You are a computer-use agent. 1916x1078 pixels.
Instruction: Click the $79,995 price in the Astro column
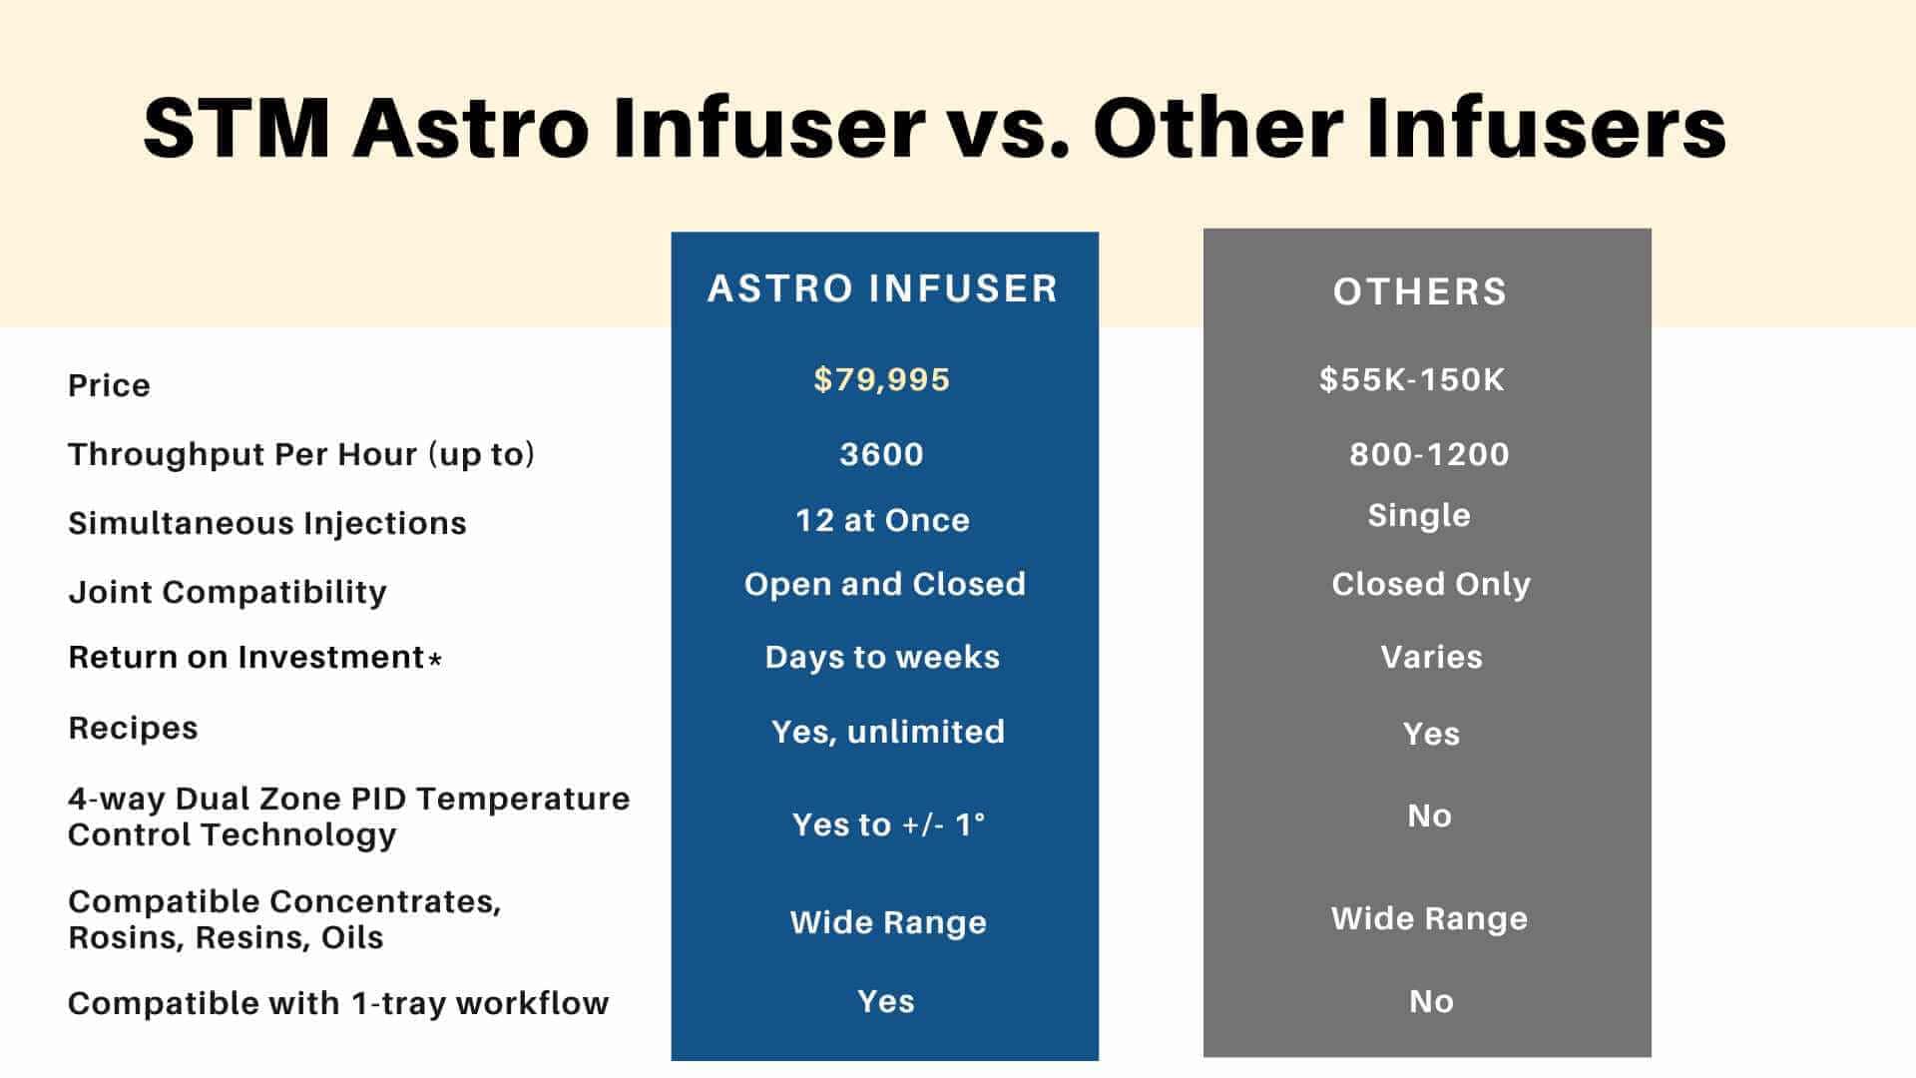pos(881,379)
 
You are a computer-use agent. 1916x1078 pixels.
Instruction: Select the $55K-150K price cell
pos(1411,379)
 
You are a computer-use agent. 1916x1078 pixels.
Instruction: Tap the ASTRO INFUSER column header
pos(882,288)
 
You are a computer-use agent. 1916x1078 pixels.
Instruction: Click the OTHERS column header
pos(1420,291)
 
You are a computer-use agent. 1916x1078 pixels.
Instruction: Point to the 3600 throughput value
pos(881,454)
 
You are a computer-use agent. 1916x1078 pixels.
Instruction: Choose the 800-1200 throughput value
pos(1429,454)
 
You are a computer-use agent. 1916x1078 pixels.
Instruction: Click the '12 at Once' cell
pos(882,520)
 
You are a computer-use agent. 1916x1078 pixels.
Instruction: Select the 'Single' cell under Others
pos(1418,516)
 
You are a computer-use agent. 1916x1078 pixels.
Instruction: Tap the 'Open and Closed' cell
pos(884,584)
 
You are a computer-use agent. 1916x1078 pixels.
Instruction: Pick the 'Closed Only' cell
pos(1430,584)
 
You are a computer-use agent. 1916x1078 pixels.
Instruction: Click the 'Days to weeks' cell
pos(882,657)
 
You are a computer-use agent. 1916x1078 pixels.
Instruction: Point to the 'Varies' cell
pos(1431,657)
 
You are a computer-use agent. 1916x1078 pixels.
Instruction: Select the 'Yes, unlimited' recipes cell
pos(887,732)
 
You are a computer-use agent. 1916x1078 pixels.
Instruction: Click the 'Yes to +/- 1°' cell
pos(888,824)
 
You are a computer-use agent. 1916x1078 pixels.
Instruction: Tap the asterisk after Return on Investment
pos(435,660)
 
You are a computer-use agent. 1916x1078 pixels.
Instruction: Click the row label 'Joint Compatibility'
pos(227,592)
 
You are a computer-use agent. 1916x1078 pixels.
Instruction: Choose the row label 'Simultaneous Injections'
pos(266,523)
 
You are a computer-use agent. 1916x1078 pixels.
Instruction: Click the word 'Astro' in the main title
pos(470,128)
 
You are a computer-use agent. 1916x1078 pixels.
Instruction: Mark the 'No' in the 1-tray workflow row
pos(1431,1001)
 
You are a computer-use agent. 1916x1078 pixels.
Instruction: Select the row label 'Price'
pos(109,385)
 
